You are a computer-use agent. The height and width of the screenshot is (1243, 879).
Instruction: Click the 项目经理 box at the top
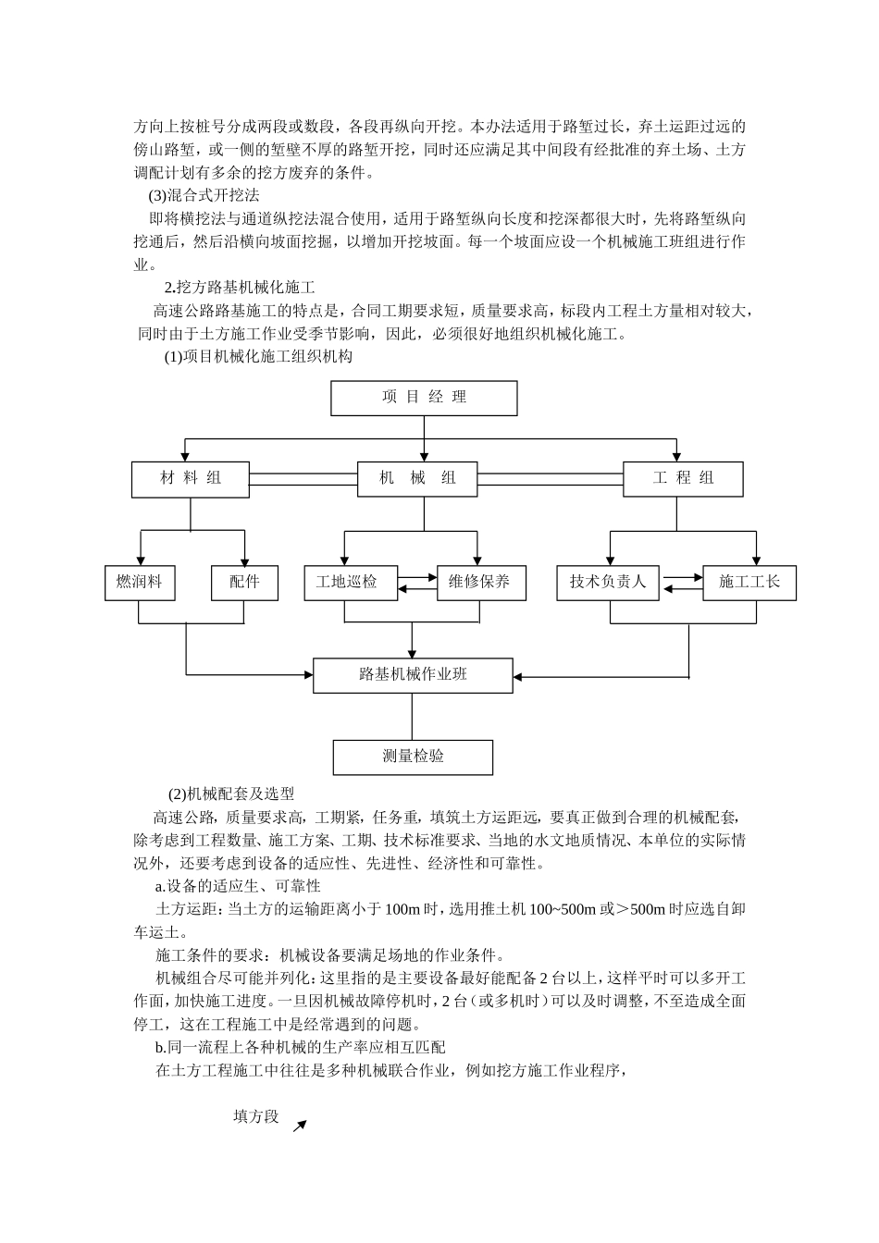tap(424, 398)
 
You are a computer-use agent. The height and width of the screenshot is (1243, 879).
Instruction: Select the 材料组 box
tap(191, 478)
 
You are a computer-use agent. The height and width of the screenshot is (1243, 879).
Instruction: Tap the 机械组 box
tap(417, 478)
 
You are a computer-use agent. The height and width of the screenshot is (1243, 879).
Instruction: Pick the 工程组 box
tap(683, 478)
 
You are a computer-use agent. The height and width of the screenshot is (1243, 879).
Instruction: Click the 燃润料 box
tap(140, 583)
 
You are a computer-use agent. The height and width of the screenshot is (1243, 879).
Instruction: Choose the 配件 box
tap(244, 583)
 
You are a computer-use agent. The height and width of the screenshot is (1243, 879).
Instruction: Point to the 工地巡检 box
tap(347, 583)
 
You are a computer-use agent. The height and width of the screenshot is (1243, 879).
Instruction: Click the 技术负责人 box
tap(608, 583)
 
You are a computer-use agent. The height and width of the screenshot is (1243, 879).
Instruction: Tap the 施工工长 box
tap(749, 583)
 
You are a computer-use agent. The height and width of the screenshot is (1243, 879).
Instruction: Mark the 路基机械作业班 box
tap(413, 675)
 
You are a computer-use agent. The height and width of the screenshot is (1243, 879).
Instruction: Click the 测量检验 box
tap(413, 757)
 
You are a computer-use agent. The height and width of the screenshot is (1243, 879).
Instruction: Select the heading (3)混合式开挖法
tap(204, 196)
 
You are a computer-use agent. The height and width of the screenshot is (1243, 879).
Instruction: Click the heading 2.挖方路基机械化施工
tap(240, 287)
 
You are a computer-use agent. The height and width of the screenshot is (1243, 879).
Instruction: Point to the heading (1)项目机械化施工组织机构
tap(258, 356)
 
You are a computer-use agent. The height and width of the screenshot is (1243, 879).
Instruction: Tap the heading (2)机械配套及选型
tap(231, 794)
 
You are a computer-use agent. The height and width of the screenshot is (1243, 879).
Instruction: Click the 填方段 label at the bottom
tap(255, 1116)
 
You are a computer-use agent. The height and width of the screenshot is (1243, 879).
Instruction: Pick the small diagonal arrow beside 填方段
tap(299, 1126)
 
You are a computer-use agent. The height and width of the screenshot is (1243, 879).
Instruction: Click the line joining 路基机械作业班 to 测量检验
tap(413, 717)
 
